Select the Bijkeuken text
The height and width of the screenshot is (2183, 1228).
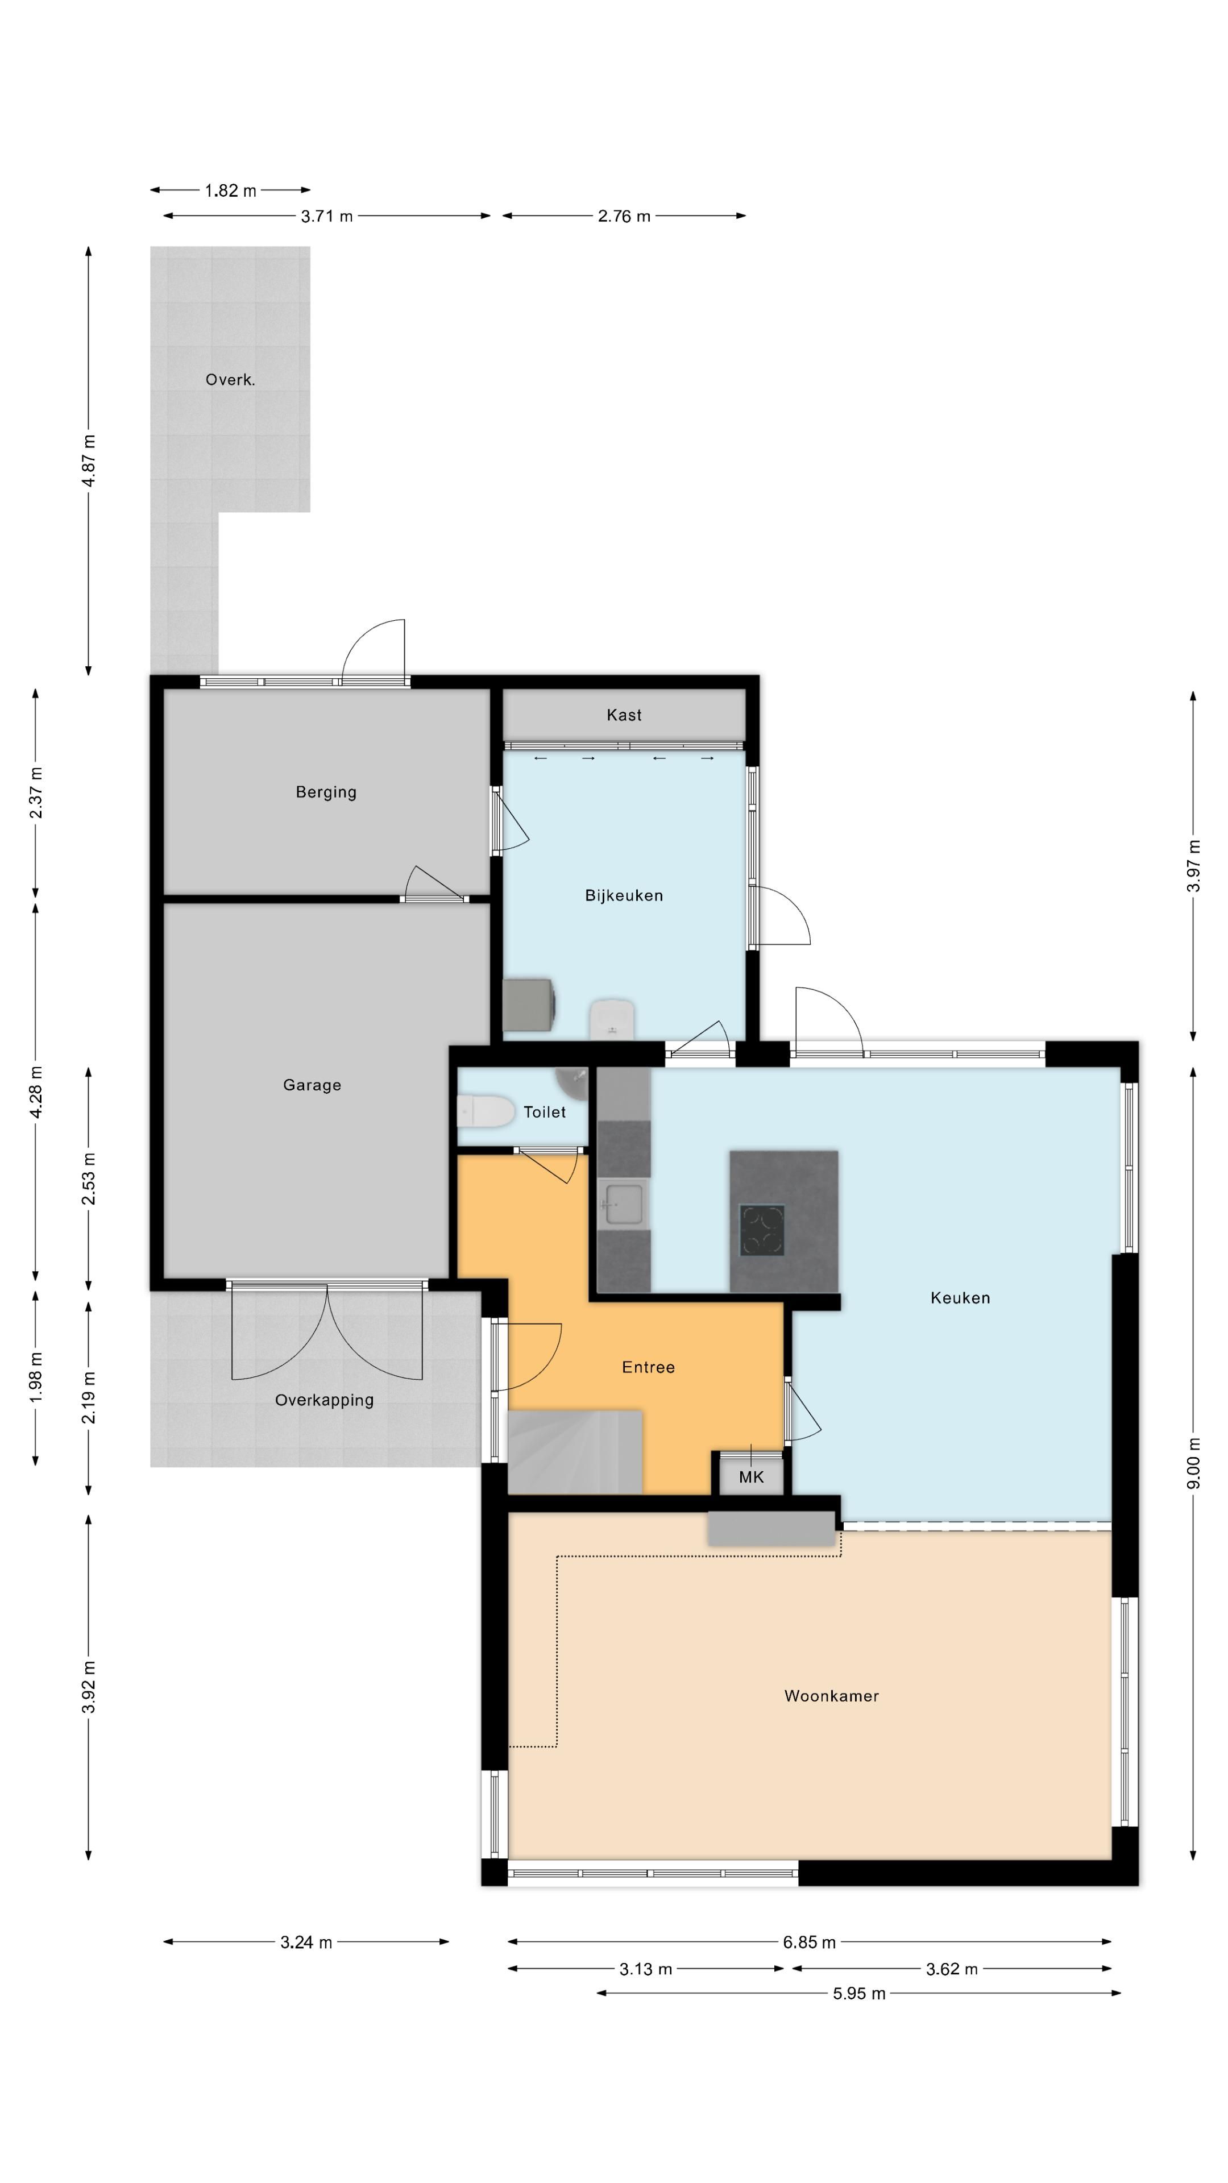pos(624,896)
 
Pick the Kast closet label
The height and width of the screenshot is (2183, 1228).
pos(624,715)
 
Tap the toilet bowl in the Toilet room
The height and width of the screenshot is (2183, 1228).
pos(485,1111)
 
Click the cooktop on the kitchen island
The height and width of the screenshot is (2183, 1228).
pos(762,1230)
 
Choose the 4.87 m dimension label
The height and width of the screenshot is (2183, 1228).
pos(88,460)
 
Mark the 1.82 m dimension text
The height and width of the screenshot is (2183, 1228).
pos(230,190)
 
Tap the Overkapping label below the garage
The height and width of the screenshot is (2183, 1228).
pos(323,1400)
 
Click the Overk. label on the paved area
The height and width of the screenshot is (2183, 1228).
pos(230,380)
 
